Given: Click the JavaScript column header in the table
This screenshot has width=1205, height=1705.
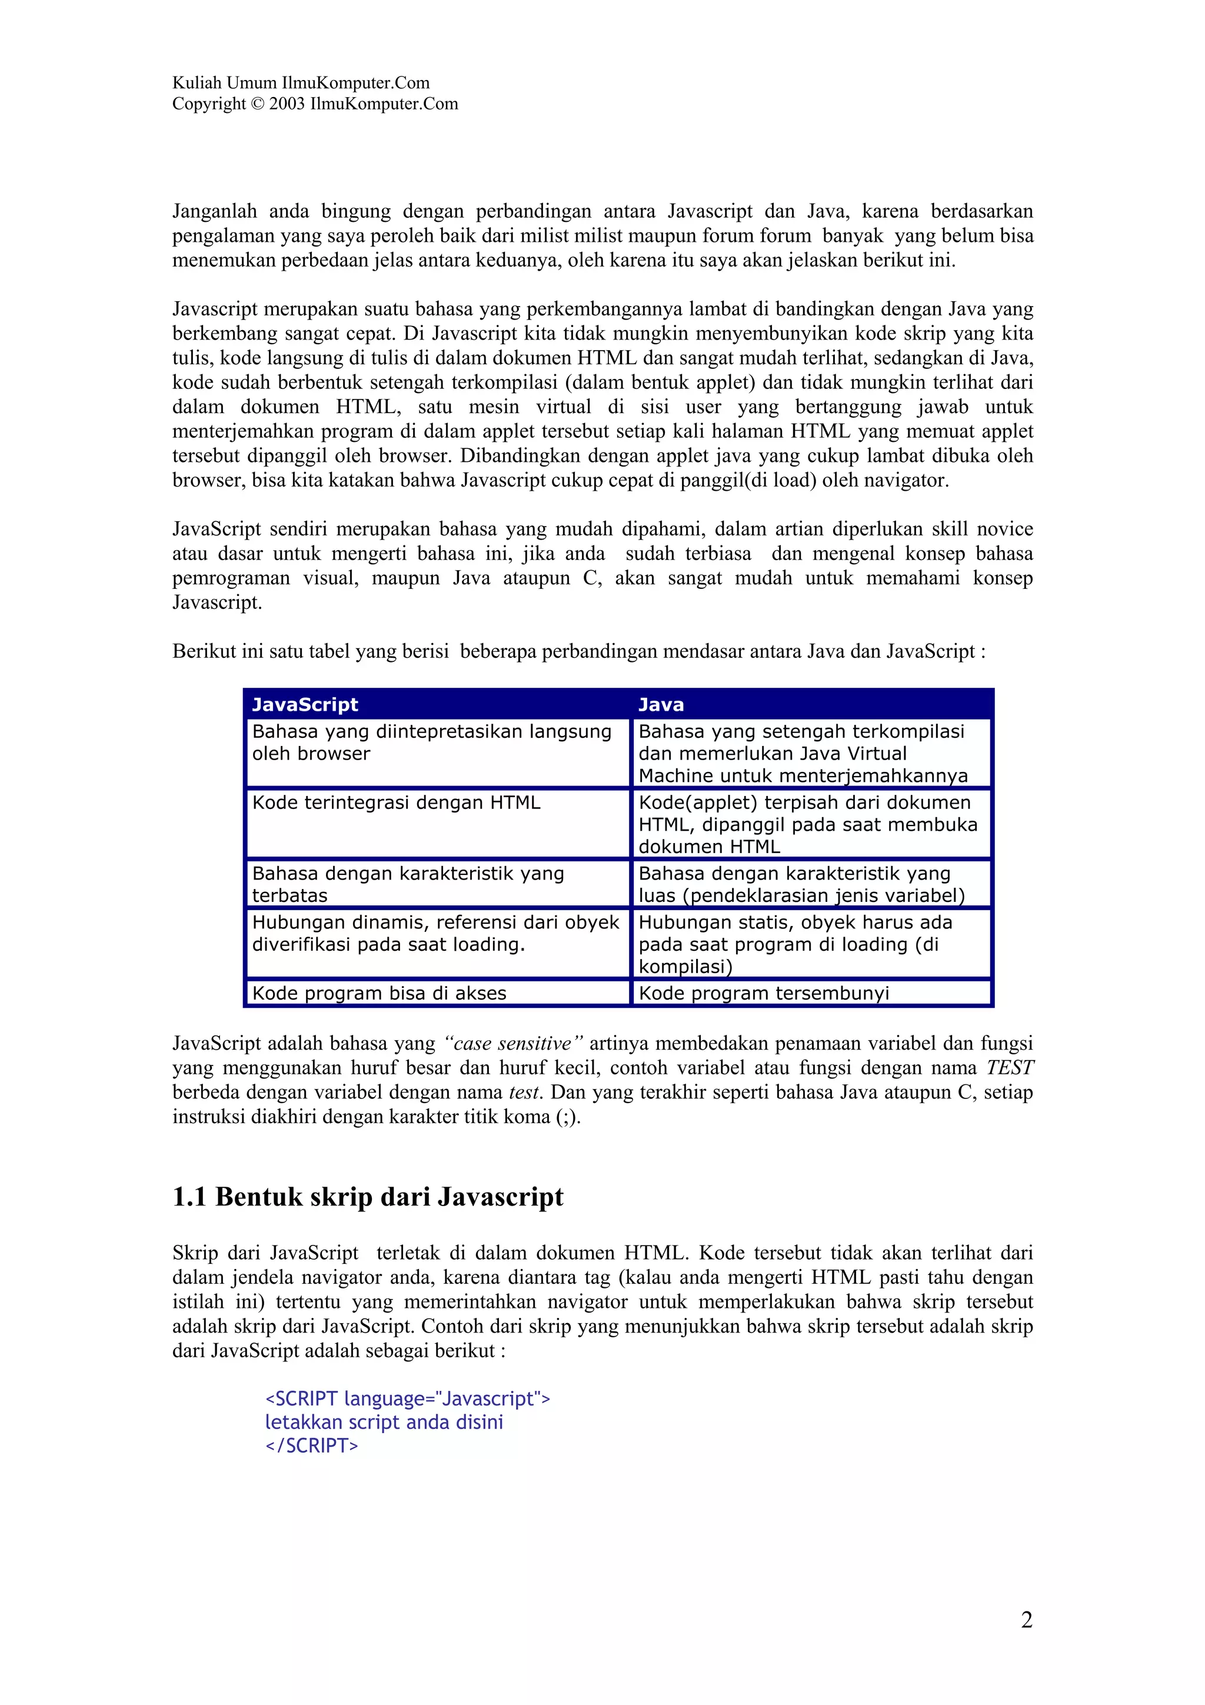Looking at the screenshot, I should click(x=305, y=704).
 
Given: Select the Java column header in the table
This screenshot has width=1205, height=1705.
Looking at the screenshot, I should click(x=661, y=704).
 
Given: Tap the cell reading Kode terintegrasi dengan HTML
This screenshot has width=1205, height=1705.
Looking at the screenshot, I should click(x=396, y=802).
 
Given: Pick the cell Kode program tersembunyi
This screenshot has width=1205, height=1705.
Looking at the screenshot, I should click(x=763, y=993).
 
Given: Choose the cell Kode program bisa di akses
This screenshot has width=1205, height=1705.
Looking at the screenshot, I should click(x=379, y=993).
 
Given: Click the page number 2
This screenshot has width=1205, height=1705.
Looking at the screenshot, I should click(x=1026, y=1619).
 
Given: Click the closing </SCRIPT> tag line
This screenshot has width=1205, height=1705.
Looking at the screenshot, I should click(x=312, y=1445).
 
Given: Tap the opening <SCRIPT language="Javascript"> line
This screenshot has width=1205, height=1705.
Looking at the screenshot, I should click(x=408, y=1398).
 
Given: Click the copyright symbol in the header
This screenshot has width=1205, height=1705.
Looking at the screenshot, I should click(x=257, y=104).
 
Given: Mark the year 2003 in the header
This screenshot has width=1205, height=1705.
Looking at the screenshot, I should click(x=287, y=104).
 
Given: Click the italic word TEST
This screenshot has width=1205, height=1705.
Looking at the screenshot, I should click(x=1009, y=1068).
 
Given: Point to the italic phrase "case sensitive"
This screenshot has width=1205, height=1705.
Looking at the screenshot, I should click(x=513, y=1043).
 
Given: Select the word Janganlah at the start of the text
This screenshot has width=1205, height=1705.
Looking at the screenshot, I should click(x=215, y=212).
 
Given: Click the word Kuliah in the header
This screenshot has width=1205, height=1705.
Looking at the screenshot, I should click(x=197, y=83).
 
